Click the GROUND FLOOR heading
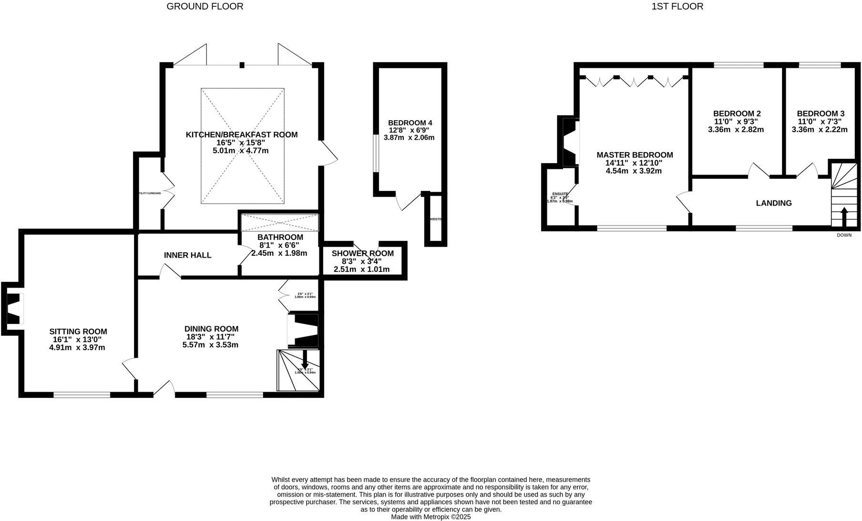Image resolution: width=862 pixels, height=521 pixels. tap(205, 6)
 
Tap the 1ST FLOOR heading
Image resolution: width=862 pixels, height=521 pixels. tap(677, 6)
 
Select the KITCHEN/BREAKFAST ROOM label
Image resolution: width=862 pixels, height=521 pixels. tap(241, 135)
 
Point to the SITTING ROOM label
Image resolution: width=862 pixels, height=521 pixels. tap(78, 332)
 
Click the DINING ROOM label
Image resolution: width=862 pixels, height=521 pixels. tap(211, 329)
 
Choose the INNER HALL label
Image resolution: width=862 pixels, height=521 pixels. tap(187, 255)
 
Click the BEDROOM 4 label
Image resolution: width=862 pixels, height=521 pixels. tap(410, 123)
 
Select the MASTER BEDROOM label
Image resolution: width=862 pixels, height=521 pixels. tap(634, 155)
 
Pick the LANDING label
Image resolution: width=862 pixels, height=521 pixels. tap(773, 203)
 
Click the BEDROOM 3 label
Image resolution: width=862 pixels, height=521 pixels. tap(820, 114)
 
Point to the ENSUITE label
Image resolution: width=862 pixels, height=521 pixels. tap(560, 194)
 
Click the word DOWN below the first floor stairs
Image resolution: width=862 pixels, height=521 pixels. tap(843, 235)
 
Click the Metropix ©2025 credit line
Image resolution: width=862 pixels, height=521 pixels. tap(431, 517)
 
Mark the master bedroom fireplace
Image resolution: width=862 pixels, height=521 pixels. tap(570, 142)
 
